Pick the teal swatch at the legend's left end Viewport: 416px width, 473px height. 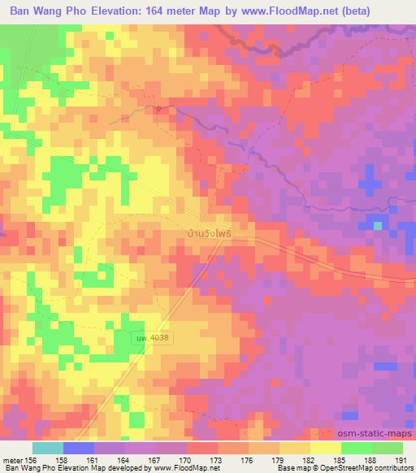(47, 448)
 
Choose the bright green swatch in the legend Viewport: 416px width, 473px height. (356, 448)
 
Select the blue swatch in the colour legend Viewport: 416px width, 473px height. (78, 448)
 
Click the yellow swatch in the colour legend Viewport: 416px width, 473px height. (325, 448)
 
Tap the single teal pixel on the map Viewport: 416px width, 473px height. (378, 225)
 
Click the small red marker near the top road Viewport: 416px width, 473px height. (159, 107)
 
